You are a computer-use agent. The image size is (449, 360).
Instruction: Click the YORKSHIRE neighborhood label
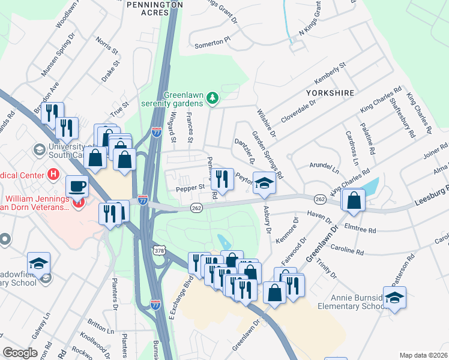(330, 93)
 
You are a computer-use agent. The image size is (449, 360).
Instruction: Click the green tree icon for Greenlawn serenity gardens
(211, 97)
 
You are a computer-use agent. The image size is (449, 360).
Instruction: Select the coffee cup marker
(77, 185)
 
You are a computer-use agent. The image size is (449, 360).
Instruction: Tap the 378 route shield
(158, 249)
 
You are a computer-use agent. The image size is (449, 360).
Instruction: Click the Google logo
(20, 353)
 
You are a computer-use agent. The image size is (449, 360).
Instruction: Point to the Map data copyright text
(423, 355)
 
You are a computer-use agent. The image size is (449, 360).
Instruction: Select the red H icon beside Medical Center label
(53, 175)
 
